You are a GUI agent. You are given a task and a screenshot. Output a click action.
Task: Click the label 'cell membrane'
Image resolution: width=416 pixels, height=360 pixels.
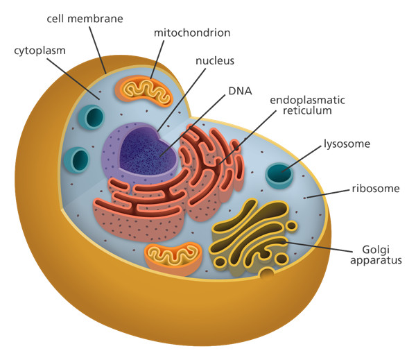pyautogui.click(x=85, y=18)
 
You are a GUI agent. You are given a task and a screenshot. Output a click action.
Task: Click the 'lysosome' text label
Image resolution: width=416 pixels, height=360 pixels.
pyautogui.click(x=347, y=144)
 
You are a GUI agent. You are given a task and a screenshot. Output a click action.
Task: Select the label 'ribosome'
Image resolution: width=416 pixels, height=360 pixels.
pyautogui.click(x=373, y=187)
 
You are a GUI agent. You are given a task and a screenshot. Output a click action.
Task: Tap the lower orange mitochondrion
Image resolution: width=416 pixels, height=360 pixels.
pyautogui.click(x=172, y=257)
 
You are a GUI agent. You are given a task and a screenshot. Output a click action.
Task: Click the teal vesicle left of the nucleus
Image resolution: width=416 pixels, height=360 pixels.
pyautogui.click(x=76, y=159)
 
